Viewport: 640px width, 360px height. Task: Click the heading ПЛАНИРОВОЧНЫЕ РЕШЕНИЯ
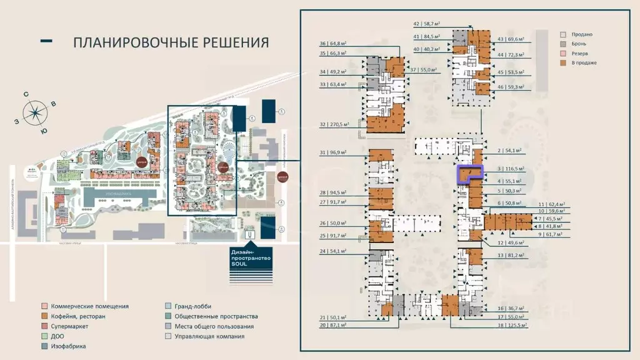171,42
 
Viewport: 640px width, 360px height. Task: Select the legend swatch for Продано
563,34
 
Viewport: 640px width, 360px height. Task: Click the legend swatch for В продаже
563,63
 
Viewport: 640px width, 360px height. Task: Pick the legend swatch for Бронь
563,44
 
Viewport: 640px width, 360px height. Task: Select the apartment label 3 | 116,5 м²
511,169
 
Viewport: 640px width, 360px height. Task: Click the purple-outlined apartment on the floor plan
470,173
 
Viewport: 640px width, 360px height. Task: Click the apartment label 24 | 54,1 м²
332,251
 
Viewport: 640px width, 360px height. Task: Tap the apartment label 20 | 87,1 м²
332,325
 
